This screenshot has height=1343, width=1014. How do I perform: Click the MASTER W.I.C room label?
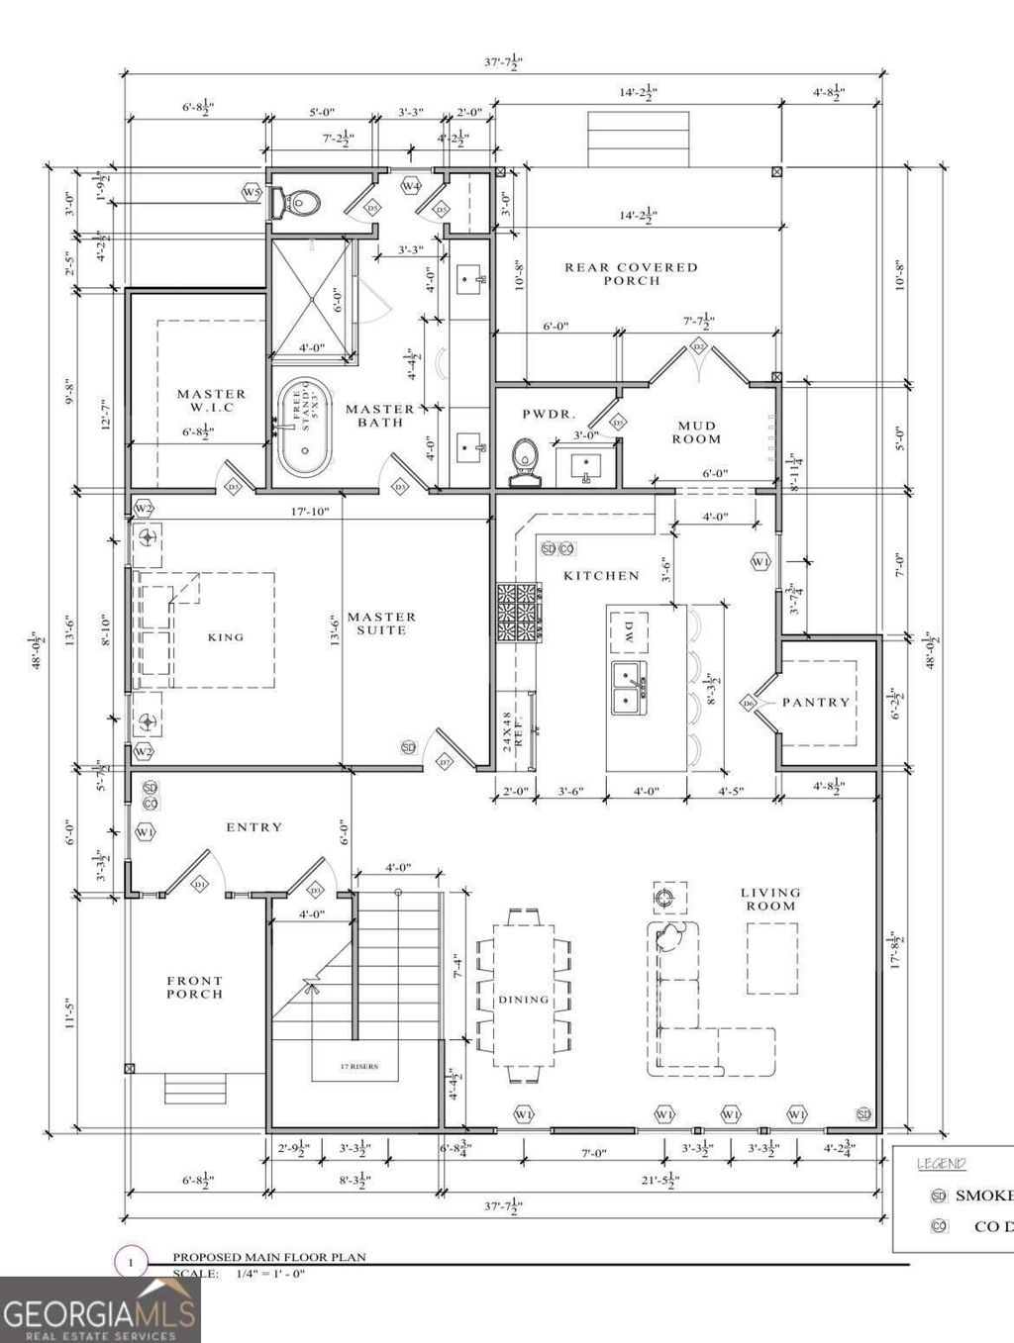point(210,400)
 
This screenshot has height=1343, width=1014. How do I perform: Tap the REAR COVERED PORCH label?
point(631,273)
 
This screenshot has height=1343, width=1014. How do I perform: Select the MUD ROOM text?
point(697,432)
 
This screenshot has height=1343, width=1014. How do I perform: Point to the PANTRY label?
point(815,702)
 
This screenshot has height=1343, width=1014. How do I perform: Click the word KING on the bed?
point(225,636)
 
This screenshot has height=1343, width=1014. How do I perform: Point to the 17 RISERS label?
point(358,1066)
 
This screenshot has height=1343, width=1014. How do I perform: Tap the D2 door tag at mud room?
point(698,345)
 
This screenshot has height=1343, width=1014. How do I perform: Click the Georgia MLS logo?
point(99,1308)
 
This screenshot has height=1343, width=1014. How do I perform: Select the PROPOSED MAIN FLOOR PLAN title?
point(269,1257)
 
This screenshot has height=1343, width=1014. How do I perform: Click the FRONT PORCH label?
point(194,987)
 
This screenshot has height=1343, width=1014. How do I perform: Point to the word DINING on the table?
point(523,1000)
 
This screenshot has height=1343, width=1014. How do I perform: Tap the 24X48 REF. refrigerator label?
point(513,728)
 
